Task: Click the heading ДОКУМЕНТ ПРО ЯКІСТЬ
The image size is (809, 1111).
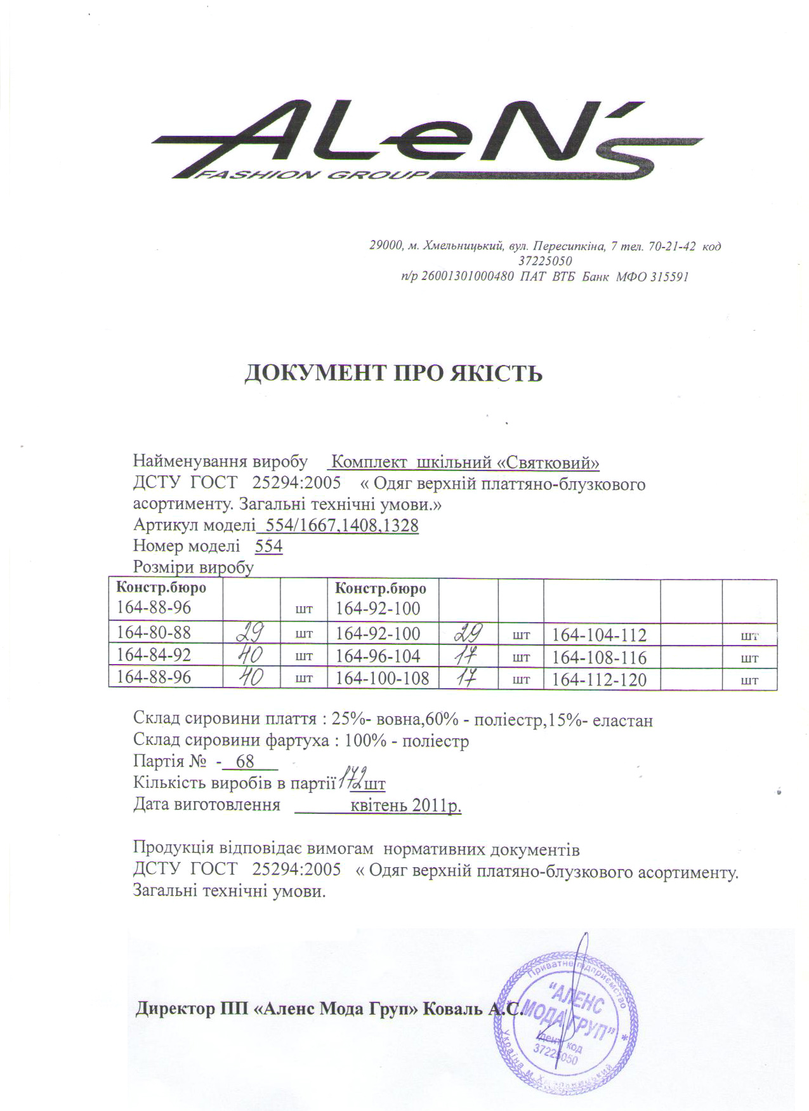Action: [x=393, y=373]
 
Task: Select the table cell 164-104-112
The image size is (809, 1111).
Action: [x=599, y=635]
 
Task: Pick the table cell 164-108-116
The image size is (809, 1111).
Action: [x=599, y=657]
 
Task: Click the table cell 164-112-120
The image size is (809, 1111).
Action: [x=599, y=680]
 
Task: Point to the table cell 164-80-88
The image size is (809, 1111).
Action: [x=154, y=633]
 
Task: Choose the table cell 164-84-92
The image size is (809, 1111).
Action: [x=154, y=655]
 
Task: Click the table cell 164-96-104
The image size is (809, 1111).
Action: [x=378, y=656]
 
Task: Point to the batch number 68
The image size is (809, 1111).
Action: [x=244, y=761]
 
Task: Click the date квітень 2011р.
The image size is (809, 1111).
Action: [x=405, y=805]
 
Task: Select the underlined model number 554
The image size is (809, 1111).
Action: [x=268, y=547]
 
